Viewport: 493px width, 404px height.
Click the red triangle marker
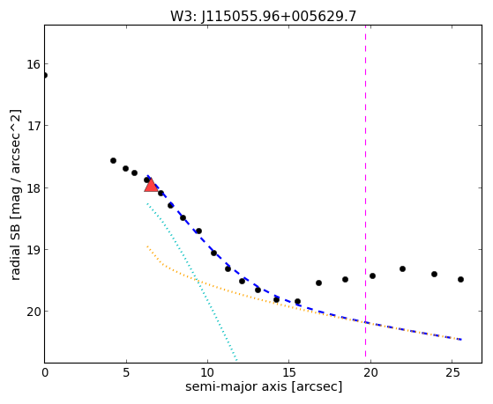151,185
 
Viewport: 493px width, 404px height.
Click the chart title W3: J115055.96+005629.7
264,16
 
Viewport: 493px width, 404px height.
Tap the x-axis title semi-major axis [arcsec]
264,386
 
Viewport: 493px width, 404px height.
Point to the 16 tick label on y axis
34,64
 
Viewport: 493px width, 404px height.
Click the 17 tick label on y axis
34,126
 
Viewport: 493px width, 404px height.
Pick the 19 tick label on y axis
34,250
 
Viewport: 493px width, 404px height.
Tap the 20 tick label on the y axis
34,312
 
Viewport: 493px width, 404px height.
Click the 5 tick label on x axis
126,372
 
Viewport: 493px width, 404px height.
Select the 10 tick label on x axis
207,372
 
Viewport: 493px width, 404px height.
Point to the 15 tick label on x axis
289,372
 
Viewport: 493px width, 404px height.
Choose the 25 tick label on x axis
452,372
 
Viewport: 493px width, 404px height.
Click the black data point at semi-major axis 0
45,76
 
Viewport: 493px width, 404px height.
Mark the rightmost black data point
460,279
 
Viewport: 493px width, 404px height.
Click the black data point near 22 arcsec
402,268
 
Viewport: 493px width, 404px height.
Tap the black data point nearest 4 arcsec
113,161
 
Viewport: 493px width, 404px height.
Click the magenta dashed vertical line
365,191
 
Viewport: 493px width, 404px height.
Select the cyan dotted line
191,282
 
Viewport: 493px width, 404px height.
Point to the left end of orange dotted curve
147,246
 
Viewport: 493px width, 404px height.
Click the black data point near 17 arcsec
318,283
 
